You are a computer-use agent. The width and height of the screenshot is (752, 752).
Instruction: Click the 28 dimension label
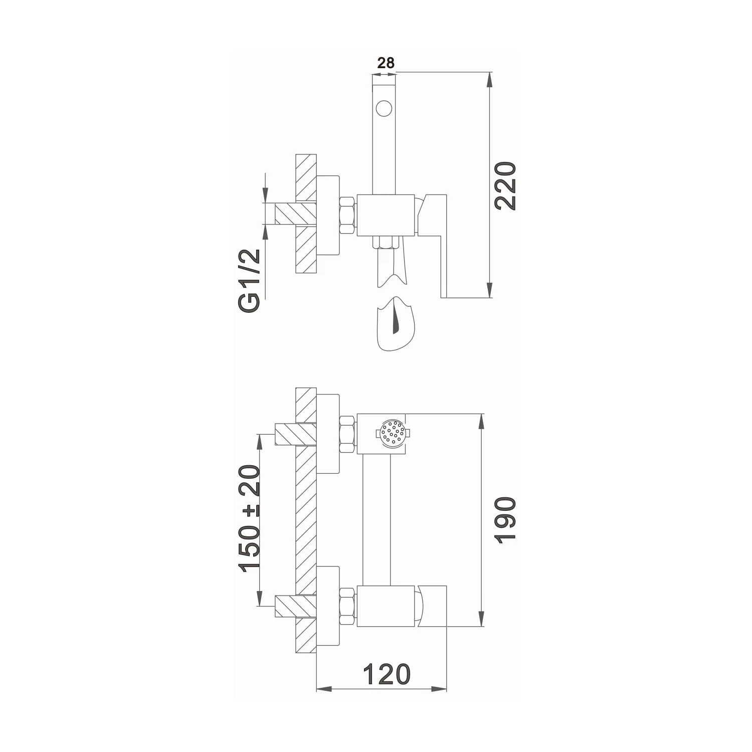(x=386, y=63)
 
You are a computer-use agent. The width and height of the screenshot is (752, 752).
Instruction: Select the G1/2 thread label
(x=250, y=281)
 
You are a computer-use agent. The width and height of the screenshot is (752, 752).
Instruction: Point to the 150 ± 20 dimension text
(x=250, y=519)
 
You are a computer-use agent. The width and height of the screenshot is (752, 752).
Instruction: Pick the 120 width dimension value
(x=386, y=674)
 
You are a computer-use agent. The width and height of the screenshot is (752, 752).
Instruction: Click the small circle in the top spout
(x=384, y=108)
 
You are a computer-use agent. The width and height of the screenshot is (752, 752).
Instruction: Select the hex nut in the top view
(x=348, y=215)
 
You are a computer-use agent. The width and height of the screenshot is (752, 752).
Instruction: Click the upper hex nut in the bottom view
(x=348, y=434)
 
